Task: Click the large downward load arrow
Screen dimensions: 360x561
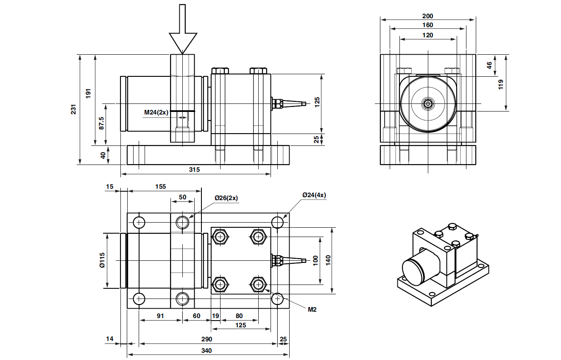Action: pyautogui.click(x=183, y=34)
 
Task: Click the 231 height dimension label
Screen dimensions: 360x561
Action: pyautogui.click(x=73, y=110)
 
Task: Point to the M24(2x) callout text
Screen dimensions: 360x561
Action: pyautogui.click(x=156, y=112)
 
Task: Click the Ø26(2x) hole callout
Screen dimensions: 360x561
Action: pyautogui.click(x=226, y=198)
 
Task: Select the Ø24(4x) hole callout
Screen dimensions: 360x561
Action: pyautogui.click(x=314, y=195)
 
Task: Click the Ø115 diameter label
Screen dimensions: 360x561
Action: pyautogui.click(x=102, y=260)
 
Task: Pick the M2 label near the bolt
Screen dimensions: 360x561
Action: pyautogui.click(x=312, y=310)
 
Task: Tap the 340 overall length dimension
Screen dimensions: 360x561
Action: pyautogui.click(x=207, y=351)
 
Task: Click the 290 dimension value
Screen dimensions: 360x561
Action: pyautogui.click(x=207, y=339)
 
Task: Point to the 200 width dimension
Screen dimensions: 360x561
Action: pyautogui.click(x=428, y=16)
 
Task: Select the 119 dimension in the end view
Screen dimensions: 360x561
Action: pyautogui.click(x=500, y=83)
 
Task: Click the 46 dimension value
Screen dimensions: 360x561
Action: pyautogui.click(x=489, y=65)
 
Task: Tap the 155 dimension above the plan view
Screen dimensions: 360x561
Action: pyautogui.click(x=160, y=186)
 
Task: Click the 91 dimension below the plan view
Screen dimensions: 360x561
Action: pyautogui.click(x=160, y=316)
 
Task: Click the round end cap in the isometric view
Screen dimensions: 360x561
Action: pyautogui.click(x=416, y=271)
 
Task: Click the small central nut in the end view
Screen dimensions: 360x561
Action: pyautogui.click(x=428, y=103)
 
